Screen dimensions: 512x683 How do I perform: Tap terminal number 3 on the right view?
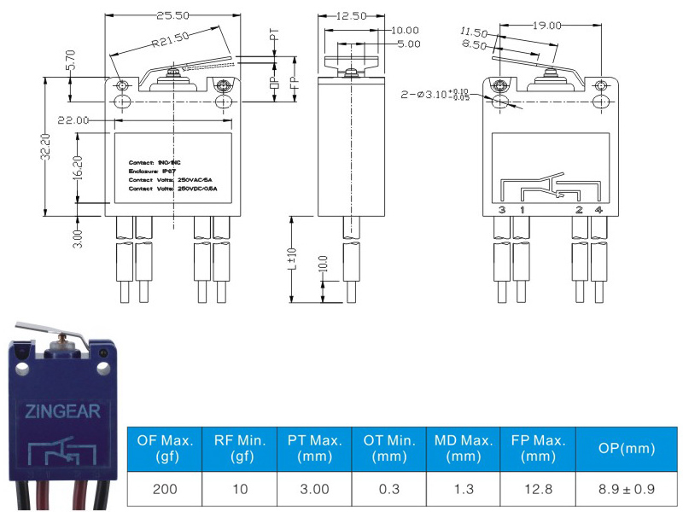[502, 210]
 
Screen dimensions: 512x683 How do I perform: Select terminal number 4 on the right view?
[599, 210]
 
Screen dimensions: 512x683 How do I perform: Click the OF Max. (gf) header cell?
[165, 449]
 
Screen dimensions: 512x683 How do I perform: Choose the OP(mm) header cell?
[628, 449]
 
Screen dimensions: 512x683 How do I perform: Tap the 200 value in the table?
[165, 490]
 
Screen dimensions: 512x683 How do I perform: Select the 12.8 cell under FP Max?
[539, 490]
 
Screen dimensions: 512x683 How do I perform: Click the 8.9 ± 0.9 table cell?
[628, 490]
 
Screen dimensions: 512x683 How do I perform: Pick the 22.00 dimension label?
[73, 121]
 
